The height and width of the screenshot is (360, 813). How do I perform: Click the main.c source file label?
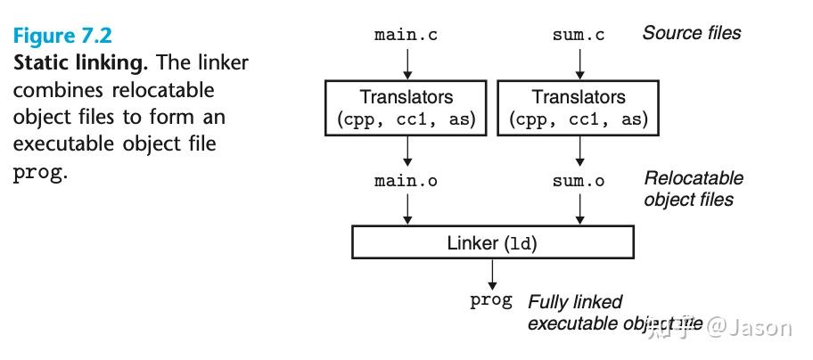pyautogui.click(x=406, y=36)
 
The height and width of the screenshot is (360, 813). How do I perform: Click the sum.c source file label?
pyautogui.click(x=579, y=36)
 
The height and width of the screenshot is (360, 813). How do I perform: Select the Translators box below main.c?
pyautogui.click(x=406, y=107)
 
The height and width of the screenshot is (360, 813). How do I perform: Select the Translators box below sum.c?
pyautogui.click(x=579, y=107)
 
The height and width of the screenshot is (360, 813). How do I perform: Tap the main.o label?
pyautogui.click(x=406, y=181)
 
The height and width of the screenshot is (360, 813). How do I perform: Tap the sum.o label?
pyautogui.click(x=579, y=181)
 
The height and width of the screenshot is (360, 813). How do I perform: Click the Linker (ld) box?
pyautogui.click(x=493, y=242)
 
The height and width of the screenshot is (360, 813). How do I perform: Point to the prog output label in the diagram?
pyautogui.click(x=491, y=300)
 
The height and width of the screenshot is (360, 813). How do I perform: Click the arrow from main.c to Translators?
pyautogui.click(x=406, y=62)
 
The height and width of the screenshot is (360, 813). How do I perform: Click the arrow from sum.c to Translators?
pyautogui.click(x=579, y=62)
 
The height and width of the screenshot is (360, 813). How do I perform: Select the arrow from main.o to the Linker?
pyautogui.click(x=406, y=207)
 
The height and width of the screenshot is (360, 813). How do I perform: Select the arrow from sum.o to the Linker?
pyautogui.click(x=579, y=207)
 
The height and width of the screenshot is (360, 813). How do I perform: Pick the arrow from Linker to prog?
pyautogui.click(x=492, y=273)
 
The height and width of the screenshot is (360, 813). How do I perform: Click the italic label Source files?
pyautogui.click(x=691, y=33)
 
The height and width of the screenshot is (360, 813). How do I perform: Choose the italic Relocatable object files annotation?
pyautogui.click(x=693, y=188)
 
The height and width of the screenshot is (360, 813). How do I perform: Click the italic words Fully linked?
pyautogui.click(x=575, y=301)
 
